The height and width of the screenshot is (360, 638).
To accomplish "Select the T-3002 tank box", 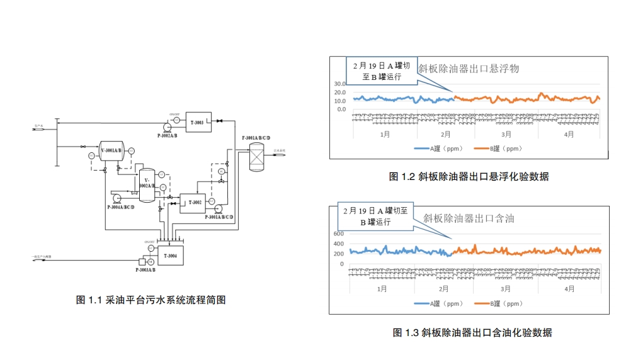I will (196, 203).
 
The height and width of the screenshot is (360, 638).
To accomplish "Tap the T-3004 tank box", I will (170, 256).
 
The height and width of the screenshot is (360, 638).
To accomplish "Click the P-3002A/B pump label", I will (167, 135).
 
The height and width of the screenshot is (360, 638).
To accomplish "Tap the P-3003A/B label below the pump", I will (145, 270).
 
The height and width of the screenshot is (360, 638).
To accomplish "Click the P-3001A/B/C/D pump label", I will (219, 217).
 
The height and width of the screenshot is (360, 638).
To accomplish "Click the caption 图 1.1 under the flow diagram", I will (151, 300).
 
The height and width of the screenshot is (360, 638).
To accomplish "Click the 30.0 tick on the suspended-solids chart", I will (339, 84).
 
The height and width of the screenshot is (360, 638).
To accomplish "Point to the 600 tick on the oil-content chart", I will (339, 234).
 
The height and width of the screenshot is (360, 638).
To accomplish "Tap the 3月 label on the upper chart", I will (506, 135).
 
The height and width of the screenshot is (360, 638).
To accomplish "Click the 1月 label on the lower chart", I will (382, 289).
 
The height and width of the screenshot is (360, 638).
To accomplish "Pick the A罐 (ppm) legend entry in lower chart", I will (438, 304).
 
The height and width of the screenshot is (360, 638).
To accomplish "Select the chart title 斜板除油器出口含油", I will (469, 218).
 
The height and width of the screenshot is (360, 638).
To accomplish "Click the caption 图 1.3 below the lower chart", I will (472, 332).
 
